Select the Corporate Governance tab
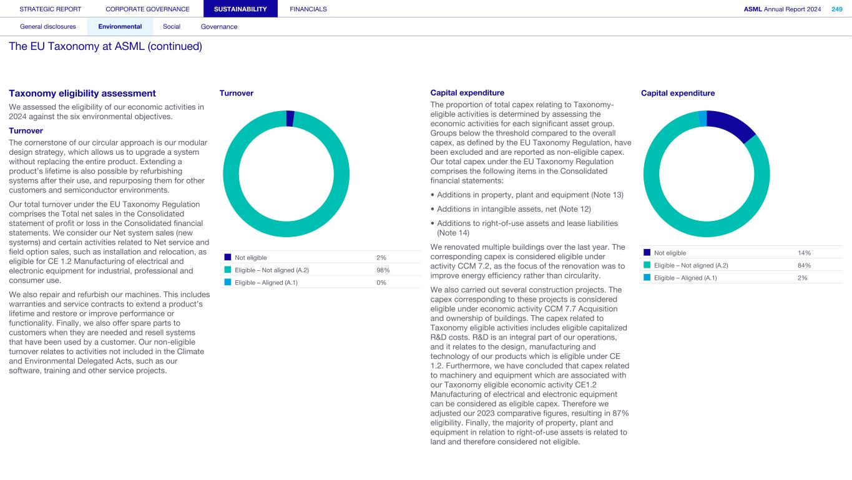click(147, 9)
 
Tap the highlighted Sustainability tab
click(240, 9)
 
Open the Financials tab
click(308, 9)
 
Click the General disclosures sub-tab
click(48, 27)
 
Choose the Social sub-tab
click(172, 27)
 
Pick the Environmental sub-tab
click(120, 27)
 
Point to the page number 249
click(836, 9)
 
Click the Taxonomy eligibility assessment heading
click(82, 94)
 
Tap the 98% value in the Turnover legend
click(383, 270)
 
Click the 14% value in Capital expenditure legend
click(804, 253)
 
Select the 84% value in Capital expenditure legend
click(804, 265)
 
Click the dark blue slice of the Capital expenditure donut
click(732, 124)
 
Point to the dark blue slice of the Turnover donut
click(290, 118)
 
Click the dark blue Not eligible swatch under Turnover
click(228, 257)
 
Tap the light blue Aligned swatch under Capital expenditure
click(647, 278)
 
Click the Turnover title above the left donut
click(237, 93)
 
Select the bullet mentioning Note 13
click(530, 195)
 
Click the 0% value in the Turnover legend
click(381, 283)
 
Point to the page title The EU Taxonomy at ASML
click(105, 47)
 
